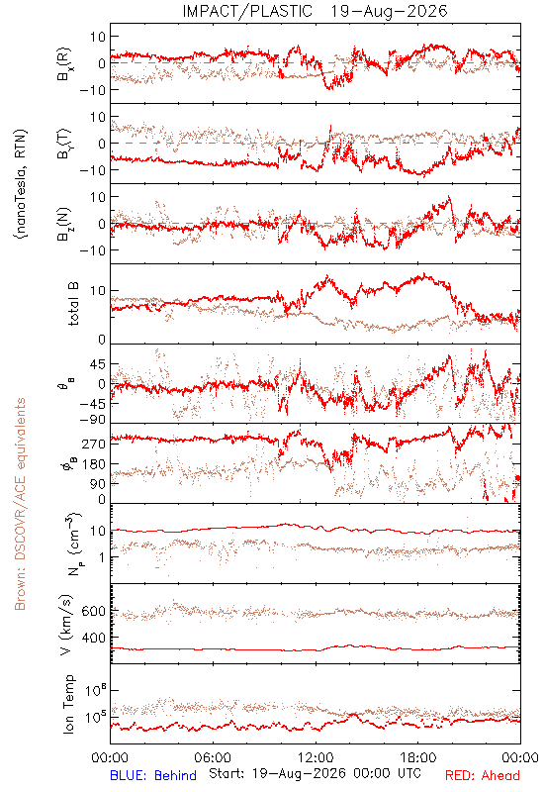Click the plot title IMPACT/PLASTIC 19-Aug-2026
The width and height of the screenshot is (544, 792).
click(315, 11)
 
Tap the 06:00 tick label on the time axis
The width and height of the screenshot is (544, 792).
click(213, 757)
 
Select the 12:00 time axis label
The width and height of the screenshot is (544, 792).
click(316, 757)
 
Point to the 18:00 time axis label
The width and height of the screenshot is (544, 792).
click(418, 757)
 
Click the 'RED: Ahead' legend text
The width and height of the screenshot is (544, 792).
click(482, 775)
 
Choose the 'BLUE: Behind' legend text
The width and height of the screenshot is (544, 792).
click(153, 775)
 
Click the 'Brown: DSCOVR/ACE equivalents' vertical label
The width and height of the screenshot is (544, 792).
click(20, 504)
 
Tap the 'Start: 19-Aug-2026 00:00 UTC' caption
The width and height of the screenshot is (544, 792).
click(315, 773)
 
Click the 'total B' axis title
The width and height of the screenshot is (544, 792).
click(73, 304)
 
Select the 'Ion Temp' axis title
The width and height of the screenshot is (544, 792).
click(68, 704)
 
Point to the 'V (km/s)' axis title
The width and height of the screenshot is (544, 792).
click(66, 625)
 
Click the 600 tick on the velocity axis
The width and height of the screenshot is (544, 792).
click(94, 611)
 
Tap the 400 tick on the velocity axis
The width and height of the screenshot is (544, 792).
click(94, 638)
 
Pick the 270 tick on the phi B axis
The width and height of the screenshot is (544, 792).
click(94, 444)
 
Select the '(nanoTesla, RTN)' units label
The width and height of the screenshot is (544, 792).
click(21, 184)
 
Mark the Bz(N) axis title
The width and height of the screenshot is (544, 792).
click(64, 224)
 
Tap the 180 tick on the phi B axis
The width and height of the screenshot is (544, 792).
click(94, 463)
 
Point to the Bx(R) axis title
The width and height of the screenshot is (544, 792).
click(64, 64)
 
